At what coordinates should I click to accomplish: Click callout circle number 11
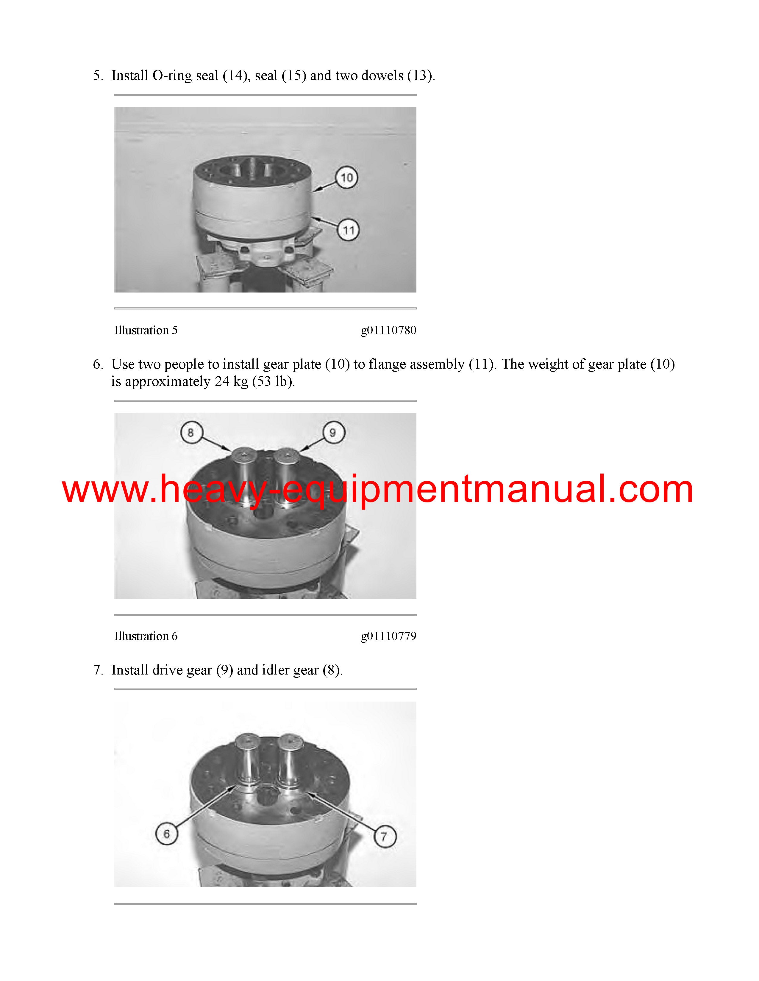point(349,230)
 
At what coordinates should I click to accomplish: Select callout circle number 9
point(333,433)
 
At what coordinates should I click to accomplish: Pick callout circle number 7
point(385,836)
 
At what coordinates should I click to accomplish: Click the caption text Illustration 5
point(146,330)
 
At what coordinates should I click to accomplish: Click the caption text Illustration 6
point(146,636)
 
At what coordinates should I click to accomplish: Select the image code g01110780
point(388,330)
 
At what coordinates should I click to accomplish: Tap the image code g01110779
point(388,636)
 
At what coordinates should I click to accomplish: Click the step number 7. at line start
point(98,670)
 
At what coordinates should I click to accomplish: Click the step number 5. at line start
point(98,76)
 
